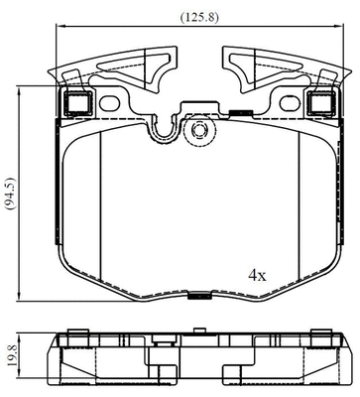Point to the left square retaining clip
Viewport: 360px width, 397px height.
[75, 101]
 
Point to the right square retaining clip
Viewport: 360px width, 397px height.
[319, 101]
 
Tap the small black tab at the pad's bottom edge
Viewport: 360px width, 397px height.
[198, 295]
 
